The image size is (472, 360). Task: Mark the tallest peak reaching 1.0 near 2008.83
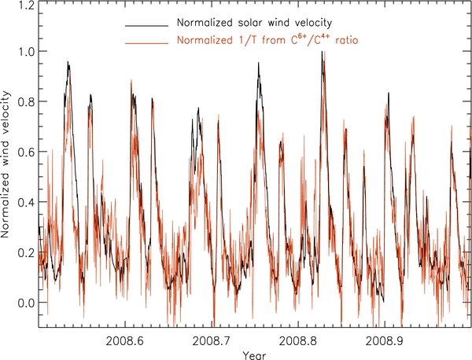[x=323, y=53]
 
